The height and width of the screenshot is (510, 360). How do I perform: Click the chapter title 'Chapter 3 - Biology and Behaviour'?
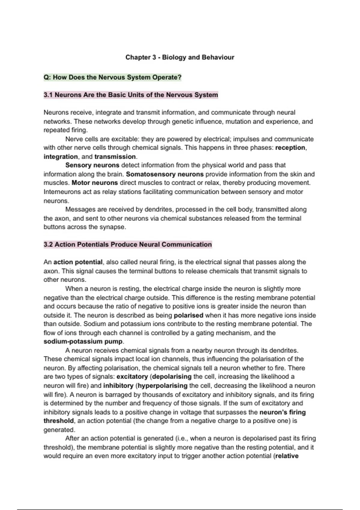coord(180,57)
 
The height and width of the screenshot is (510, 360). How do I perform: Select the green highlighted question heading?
coord(112,77)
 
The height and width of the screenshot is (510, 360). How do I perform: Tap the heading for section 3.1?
coord(131,95)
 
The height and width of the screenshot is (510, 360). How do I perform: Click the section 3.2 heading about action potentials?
coord(128,244)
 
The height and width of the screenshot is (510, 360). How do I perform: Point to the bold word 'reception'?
coord(290,148)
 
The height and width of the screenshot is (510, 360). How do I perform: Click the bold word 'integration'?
coord(61,157)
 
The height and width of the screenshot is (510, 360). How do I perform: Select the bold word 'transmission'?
coord(115,157)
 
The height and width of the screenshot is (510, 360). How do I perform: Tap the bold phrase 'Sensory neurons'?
coord(92,165)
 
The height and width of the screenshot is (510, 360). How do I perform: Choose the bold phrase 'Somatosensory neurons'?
coord(165,174)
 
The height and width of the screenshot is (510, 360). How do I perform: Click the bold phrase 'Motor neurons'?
coord(95,183)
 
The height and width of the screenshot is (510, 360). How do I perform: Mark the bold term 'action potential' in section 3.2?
coord(78,262)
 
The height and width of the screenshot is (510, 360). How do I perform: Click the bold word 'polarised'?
coord(188,315)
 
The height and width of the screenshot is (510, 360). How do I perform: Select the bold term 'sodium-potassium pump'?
coord(83,342)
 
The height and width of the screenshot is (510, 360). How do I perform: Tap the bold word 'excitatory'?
coord(132,377)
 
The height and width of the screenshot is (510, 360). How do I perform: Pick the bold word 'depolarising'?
coord(172,377)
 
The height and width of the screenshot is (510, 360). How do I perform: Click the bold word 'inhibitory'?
coord(118,386)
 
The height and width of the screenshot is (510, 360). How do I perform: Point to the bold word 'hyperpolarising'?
coord(163,386)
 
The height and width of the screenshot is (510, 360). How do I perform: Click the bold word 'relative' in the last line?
coord(287,456)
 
